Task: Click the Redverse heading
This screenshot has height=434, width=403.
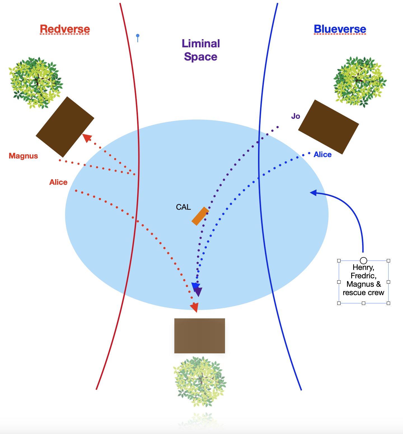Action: pos(65,29)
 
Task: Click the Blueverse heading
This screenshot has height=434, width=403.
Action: pos(340,29)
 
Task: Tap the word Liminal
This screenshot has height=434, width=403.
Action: pos(201,44)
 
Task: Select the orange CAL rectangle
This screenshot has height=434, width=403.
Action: pos(200,216)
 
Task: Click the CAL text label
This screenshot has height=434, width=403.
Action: pos(183,207)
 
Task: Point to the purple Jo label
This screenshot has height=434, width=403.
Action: pos(296,116)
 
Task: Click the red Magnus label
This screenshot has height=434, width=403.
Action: pos(23,156)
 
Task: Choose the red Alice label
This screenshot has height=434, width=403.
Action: pos(58,182)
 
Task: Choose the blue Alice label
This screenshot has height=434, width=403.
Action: pos(322,155)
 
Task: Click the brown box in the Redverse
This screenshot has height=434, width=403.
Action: pos(65,127)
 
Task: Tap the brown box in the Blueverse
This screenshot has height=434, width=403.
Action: pos(329,127)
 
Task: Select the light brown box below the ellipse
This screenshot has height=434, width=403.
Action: pos(200,336)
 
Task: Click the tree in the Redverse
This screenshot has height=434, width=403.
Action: pos(36,83)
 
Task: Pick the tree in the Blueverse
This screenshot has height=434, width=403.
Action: pos(360,81)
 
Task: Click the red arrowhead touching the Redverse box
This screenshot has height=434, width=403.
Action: pos(86,137)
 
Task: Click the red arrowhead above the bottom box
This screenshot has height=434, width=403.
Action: pos(195,307)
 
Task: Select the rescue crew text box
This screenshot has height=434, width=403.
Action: pos(363,280)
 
